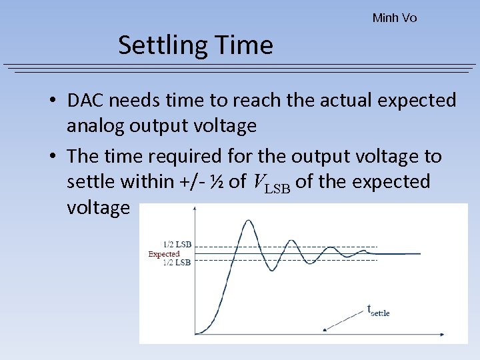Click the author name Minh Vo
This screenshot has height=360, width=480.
coord(395,18)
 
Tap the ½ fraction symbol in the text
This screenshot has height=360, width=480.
coord(217,181)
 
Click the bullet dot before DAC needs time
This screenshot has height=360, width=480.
coord(51,101)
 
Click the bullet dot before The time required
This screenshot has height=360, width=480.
coord(51,157)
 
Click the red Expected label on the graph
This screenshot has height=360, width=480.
coord(164,254)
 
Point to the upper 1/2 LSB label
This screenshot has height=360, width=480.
coord(177,245)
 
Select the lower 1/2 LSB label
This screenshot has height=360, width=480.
coord(177,263)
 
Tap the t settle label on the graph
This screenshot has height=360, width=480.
coord(379,310)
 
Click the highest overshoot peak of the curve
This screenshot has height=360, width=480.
coord(248,221)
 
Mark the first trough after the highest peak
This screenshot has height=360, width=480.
coord(272,270)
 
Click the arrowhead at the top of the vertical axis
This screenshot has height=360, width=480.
coord(194,207)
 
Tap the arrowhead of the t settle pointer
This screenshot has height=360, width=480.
coord(325,329)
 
